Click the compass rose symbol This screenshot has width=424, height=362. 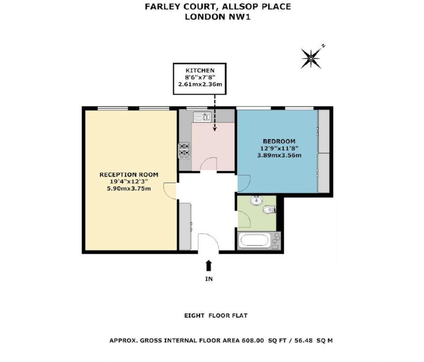click(x=311, y=58)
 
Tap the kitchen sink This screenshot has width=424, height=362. click(x=203, y=117)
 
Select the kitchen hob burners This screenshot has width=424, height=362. click(x=184, y=150)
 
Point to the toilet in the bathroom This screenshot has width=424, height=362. click(x=270, y=210)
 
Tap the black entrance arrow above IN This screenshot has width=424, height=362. click(x=209, y=265)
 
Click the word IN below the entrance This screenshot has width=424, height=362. click(x=209, y=279)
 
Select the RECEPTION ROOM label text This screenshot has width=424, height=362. click(x=129, y=175)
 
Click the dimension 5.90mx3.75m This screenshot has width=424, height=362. click(x=129, y=189)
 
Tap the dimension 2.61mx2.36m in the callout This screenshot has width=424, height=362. click(x=200, y=85)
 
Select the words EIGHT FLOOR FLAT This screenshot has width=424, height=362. click(x=216, y=316)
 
